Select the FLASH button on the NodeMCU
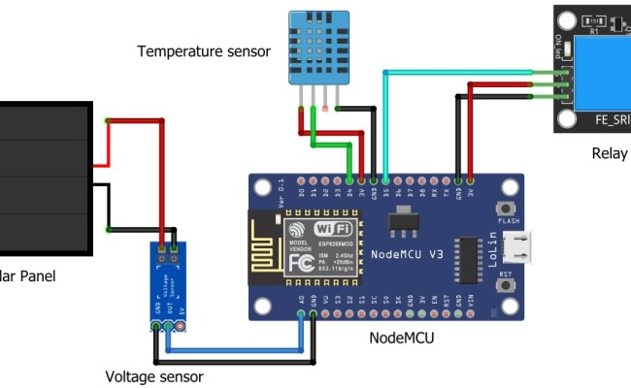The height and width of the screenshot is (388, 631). (x=506, y=210)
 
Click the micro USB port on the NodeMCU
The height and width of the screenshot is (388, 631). (x=523, y=247)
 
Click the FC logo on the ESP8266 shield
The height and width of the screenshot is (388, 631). (x=303, y=263)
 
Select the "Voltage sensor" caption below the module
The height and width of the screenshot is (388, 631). (x=155, y=375)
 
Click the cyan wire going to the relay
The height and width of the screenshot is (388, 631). (x=456, y=71)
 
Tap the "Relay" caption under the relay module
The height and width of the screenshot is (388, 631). (x=610, y=154)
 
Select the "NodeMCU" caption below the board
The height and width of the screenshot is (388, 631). (x=402, y=338)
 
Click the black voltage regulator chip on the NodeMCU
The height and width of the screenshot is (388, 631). (x=398, y=223)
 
